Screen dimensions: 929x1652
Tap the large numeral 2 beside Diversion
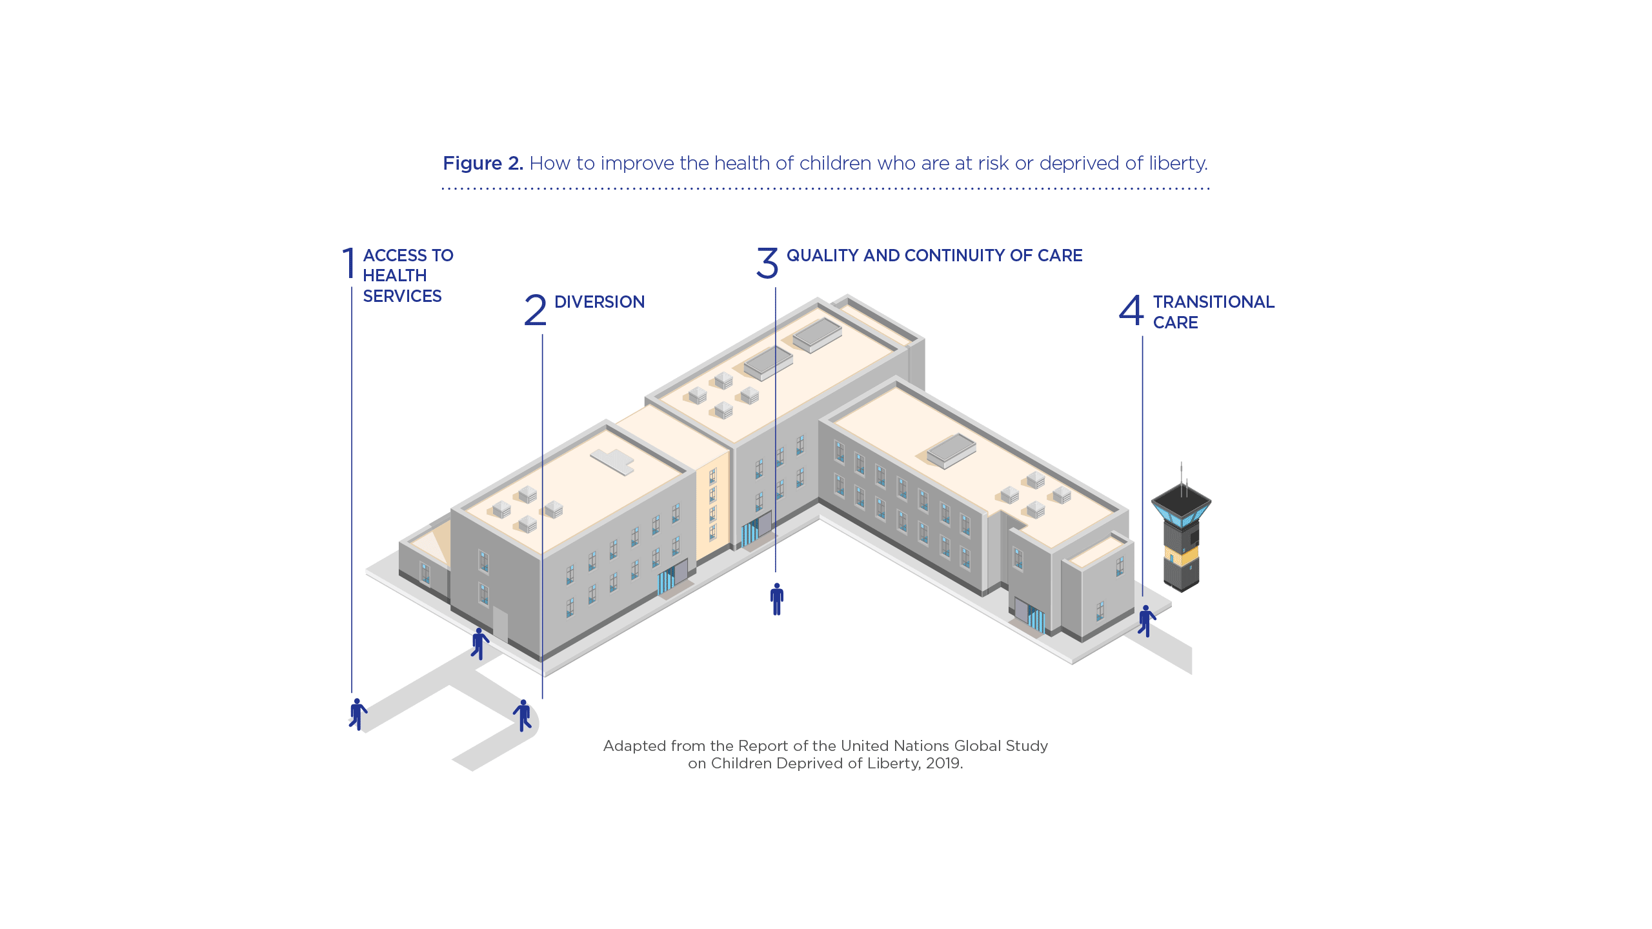pos(535,310)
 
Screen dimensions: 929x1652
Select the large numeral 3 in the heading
pos(767,263)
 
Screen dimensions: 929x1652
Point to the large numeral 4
pos(1131,310)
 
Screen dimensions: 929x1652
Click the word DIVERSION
pos(599,302)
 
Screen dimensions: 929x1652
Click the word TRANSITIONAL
pos(1213,302)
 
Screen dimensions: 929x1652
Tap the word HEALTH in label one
pos(394,275)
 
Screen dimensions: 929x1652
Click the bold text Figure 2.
pos(483,163)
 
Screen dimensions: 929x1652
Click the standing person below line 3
pos(777,599)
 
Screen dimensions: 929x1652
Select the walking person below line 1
pos(358,714)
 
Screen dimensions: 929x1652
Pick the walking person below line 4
pos(1146,621)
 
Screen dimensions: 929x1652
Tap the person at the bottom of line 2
pos(523,715)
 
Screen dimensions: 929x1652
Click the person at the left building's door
pos(479,643)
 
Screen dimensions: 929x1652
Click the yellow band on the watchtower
pos(1181,555)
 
